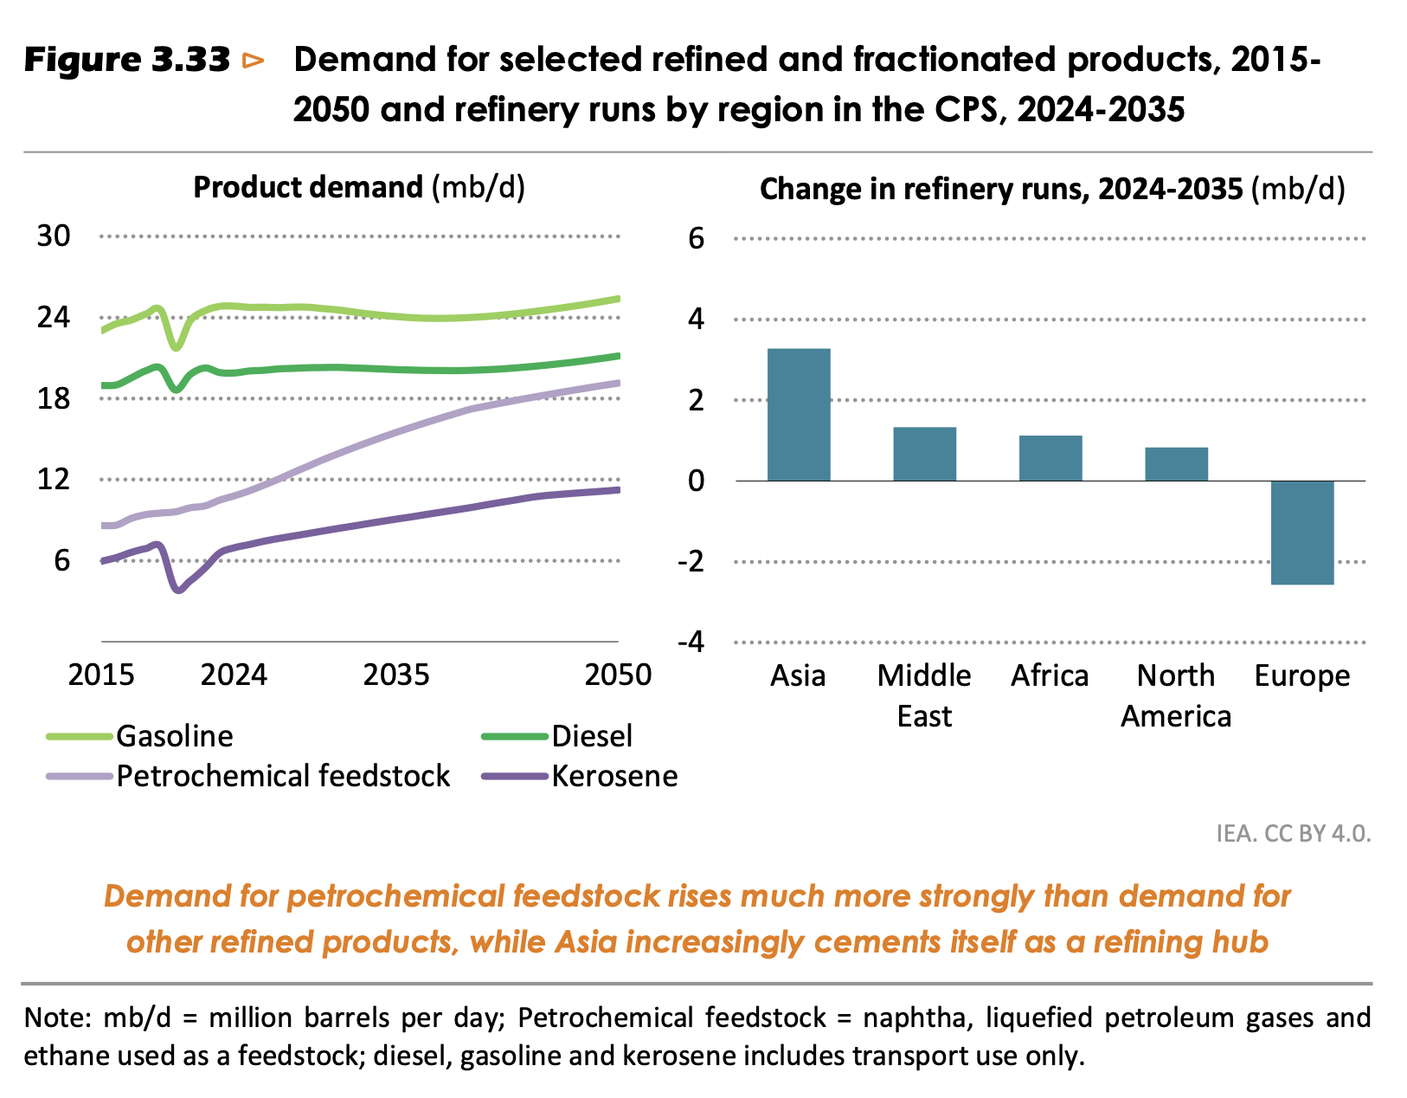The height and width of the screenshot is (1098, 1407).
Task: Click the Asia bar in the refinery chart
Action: point(799,415)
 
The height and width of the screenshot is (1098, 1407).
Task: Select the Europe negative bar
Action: point(1302,533)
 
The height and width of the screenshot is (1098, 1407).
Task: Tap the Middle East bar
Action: point(924,454)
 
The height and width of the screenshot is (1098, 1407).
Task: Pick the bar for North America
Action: point(1176,464)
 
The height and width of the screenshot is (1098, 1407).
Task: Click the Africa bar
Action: point(1050,458)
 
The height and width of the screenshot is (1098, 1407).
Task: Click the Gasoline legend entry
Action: point(174,736)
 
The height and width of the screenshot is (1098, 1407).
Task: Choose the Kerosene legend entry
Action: point(614,776)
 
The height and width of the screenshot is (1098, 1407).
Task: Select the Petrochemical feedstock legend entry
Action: point(283,776)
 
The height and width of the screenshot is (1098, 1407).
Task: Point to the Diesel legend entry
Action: point(592,736)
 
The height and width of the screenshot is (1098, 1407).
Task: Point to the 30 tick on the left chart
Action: point(54,236)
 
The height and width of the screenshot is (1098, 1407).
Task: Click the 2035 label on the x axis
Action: point(396,675)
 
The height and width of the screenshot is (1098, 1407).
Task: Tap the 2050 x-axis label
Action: point(618,675)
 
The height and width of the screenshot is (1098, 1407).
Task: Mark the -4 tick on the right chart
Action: point(691,643)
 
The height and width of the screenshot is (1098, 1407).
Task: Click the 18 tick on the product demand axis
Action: point(54,398)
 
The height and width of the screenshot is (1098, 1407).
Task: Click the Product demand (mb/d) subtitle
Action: point(359,188)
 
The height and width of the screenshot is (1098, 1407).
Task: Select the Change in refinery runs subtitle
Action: point(1052,190)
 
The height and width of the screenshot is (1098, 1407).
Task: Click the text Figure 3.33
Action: point(127,61)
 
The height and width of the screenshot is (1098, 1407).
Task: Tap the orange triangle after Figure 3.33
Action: point(254,61)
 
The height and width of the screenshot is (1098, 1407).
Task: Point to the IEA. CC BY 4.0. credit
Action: point(1294,833)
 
